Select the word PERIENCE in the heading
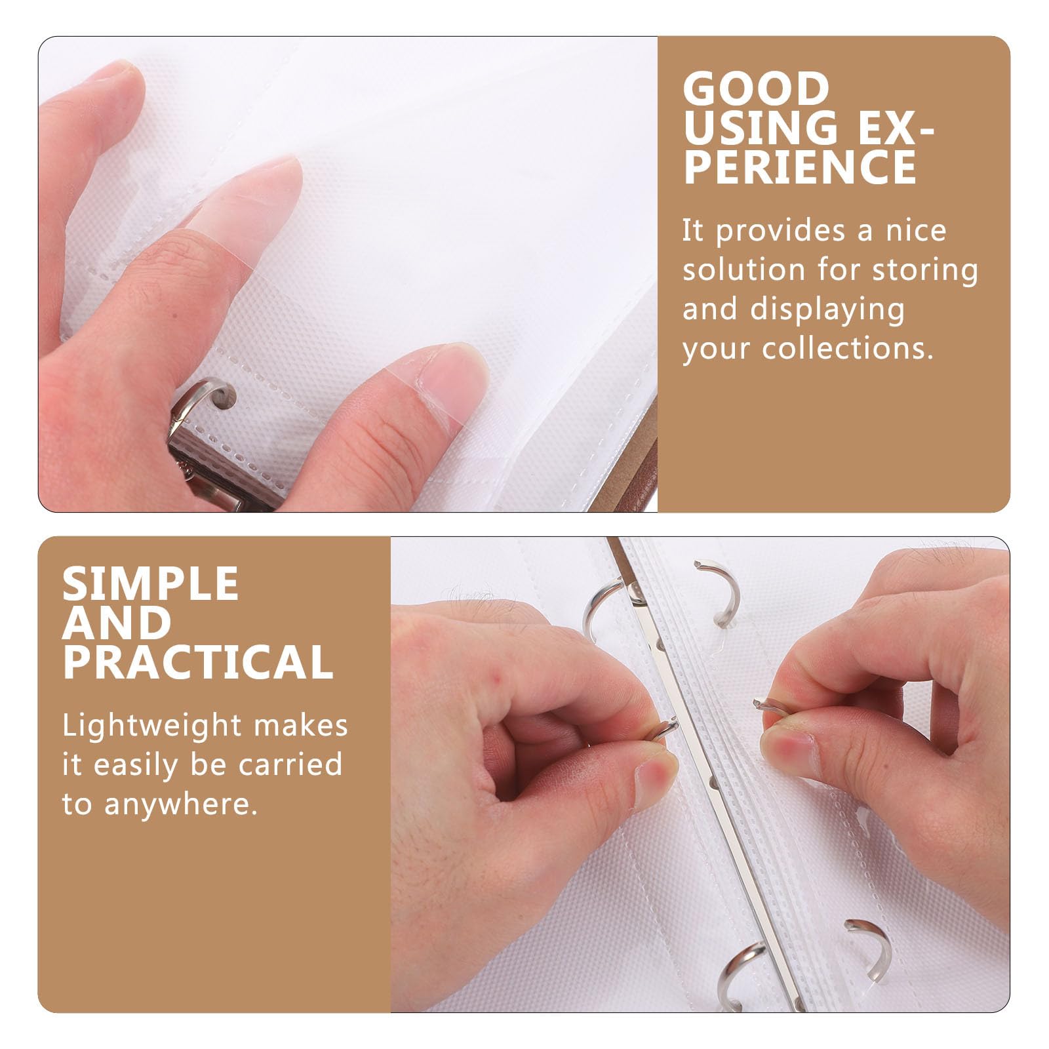point(800,166)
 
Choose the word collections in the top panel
point(848,348)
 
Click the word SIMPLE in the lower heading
point(150,584)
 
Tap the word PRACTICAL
point(198,662)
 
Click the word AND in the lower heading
point(117,623)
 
